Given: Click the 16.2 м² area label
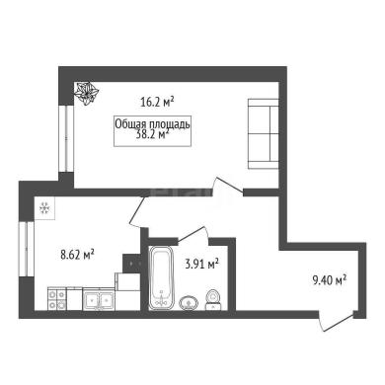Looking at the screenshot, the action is [x=157, y=102].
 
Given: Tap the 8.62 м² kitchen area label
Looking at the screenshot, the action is [x=78, y=255].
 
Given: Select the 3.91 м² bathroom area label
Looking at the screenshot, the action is [x=202, y=264].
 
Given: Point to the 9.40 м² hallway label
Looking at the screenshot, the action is [x=329, y=280].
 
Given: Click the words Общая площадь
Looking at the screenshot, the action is [x=152, y=124].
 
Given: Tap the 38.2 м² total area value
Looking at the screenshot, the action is [x=152, y=134].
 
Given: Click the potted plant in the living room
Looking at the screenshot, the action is [x=87, y=93].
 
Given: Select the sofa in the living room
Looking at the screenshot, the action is [x=264, y=133].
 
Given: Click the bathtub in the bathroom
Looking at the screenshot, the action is [x=161, y=277].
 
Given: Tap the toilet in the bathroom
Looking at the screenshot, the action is [x=213, y=300].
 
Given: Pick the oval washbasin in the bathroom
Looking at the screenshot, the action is [x=189, y=303].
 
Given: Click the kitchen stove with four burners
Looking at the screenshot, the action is [x=57, y=298].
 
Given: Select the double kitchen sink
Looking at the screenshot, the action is [x=99, y=299].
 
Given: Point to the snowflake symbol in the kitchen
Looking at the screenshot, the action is [x=44, y=208].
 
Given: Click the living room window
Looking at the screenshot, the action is [x=66, y=138].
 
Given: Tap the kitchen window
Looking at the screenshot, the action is [x=27, y=249].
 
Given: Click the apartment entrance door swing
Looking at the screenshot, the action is [x=337, y=321].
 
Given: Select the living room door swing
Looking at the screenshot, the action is [x=229, y=185].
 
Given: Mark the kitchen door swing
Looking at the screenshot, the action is [x=137, y=211].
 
